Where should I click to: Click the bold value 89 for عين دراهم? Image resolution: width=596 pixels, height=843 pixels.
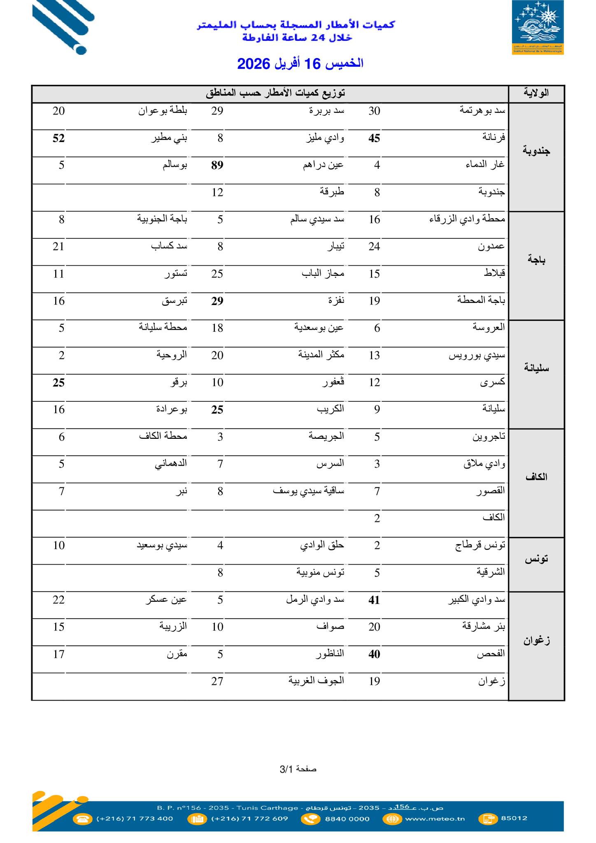(217, 165)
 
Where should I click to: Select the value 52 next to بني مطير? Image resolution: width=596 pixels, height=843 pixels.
(58, 138)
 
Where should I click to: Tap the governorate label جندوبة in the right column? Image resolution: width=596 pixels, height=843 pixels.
(536, 151)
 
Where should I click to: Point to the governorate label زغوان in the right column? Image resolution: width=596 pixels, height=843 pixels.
(536, 640)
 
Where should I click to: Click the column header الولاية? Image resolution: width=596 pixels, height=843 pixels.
(536, 93)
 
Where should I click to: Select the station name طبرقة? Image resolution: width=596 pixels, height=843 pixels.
(332, 192)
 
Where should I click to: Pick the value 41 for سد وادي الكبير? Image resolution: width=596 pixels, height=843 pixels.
(374, 600)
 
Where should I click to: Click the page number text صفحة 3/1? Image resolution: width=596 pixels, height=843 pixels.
(298, 769)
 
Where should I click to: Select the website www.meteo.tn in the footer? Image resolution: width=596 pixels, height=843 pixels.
(435, 818)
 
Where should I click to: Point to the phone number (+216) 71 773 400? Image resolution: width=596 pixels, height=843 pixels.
(135, 818)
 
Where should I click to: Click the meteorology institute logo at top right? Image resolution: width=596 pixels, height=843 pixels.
(538, 27)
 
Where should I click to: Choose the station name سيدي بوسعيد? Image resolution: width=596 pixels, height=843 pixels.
(162, 546)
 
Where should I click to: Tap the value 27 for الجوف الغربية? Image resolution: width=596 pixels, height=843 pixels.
(217, 682)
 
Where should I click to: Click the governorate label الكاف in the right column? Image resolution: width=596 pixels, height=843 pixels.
(536, 477)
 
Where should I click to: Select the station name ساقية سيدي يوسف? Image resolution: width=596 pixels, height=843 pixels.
(308, 491)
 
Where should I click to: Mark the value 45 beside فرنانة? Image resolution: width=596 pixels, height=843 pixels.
(374, 138)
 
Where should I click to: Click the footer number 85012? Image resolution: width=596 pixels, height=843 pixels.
(514, 818)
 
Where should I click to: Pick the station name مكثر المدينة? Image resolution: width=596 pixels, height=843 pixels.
(321, 355)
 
